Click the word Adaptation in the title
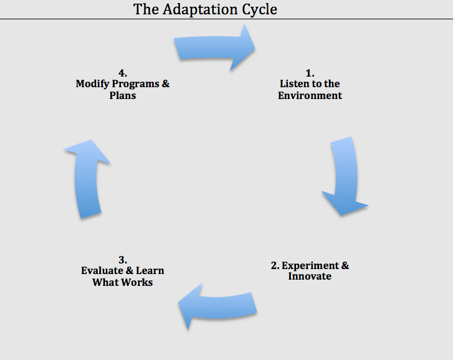(x=201, y=9)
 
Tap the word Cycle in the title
(x=259, y=10)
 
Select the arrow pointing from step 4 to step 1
(x=214, y=47)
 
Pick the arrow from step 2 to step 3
(x=217, y=306)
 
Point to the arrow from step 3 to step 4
(x=87, y=178)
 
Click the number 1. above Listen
(x=310, y=73)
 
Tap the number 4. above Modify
(x=123, y=73)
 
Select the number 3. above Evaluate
(x=123, y=260)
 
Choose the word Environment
(x=310, y=95)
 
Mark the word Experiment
(x=310, y=266)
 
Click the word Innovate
(x=310, y=277)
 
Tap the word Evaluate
(x=102, y=271)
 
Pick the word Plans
(x=123, y=95)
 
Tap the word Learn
(x=150, y=271)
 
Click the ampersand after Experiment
(x=345, y=265)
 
